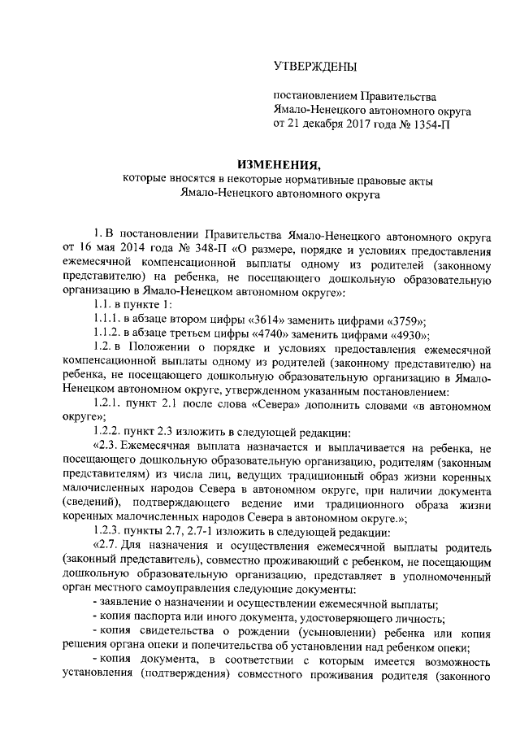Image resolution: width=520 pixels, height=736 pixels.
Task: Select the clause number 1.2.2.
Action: [x=107, y=433]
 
